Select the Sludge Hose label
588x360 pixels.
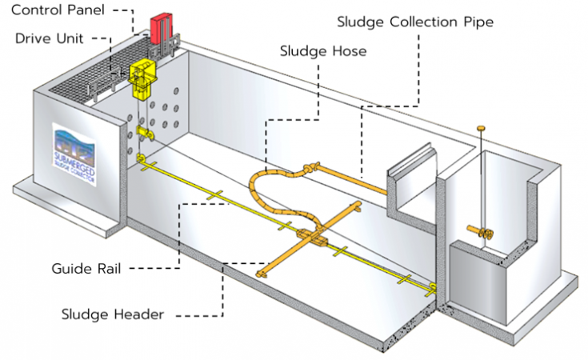pyautogui.click(x=323, y=51)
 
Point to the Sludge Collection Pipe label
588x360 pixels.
pyautogui.click(x=416, y=22)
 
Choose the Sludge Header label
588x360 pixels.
pyautogui.click(x=113, y=314)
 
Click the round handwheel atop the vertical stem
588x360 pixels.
pyautogui.click(x=482, y=127)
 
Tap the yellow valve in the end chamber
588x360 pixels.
pyautogui.click(x=482, y=233)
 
